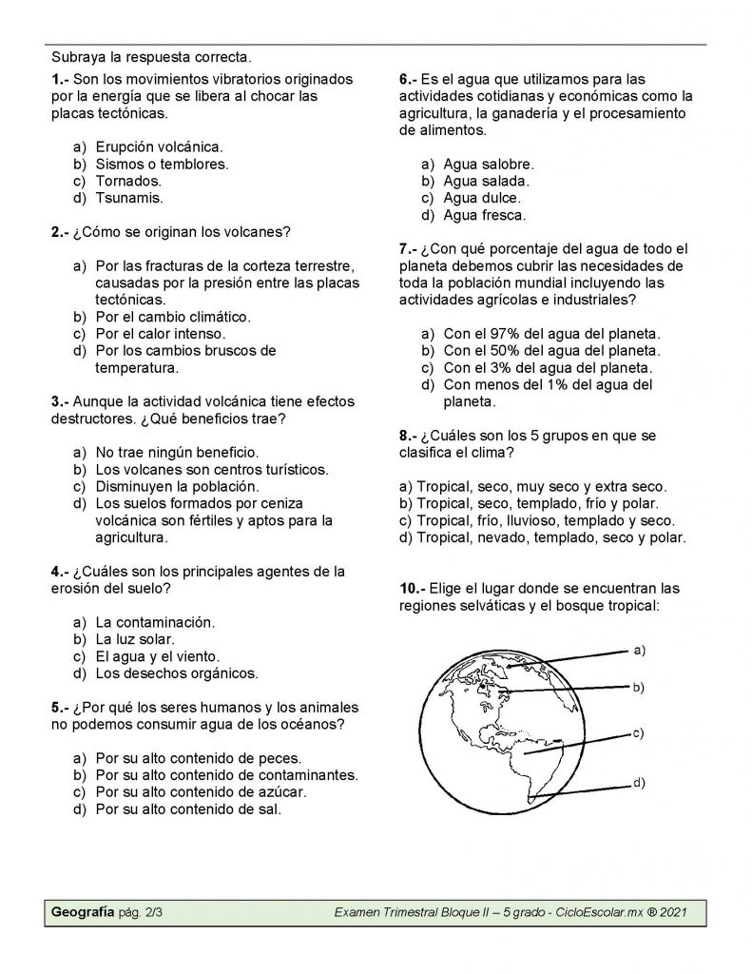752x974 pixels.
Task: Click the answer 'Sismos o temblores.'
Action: [162, 164]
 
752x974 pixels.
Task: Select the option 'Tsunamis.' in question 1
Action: [129, 198]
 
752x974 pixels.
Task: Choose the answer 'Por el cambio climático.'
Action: [173, 316]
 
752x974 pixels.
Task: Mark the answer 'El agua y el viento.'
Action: [158, 656]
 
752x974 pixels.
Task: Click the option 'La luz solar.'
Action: [135, 639]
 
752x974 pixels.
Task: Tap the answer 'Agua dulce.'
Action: [482, 198]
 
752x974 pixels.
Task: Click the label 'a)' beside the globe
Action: [639, 651]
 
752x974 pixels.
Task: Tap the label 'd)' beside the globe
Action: [639, 782]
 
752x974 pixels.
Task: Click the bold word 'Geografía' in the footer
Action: [83, 912]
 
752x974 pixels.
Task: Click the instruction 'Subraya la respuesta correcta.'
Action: [158, 58]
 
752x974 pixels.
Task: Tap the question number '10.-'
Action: [414, 588]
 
